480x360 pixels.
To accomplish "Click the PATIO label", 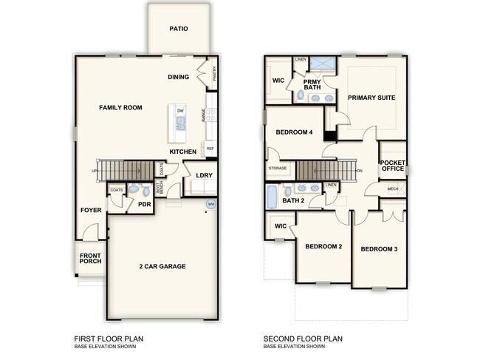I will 179,30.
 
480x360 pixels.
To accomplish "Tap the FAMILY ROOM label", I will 120,108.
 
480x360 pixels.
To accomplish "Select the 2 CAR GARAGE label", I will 162,266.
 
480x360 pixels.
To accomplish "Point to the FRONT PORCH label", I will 90,259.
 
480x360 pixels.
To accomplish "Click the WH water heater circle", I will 210,205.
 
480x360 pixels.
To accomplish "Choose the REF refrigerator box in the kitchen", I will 210,149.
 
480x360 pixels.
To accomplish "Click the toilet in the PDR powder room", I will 133,190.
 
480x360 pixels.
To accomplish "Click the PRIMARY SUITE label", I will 371,98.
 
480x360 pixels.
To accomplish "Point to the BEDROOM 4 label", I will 294,132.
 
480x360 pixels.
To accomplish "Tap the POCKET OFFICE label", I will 392,165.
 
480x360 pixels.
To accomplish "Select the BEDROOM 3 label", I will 379,249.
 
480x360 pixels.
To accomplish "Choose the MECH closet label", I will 393,189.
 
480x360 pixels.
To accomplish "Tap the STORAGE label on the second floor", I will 278,169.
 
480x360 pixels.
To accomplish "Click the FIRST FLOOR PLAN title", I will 109,339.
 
